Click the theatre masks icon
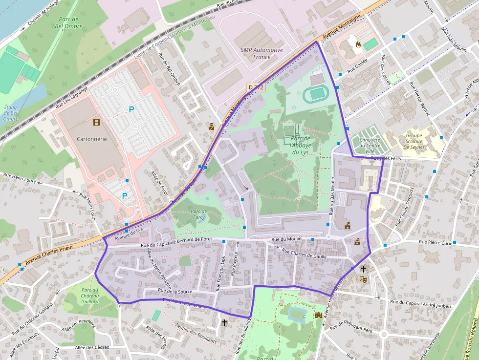coord(363,279)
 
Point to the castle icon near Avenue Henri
coord(319,315)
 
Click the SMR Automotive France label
coord(261,53)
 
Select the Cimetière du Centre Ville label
coord(370,145)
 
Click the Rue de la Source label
coord(174,291)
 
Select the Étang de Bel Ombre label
coord(10,113)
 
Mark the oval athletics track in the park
coord(316,93)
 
